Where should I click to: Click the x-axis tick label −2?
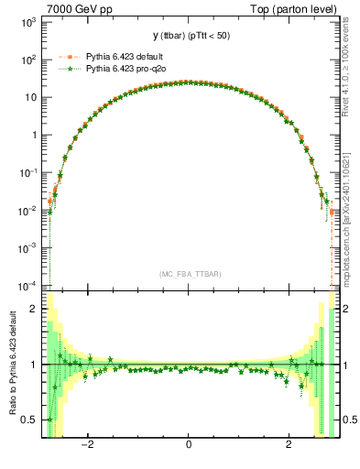click(x=87, y=446)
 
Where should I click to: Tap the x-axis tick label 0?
click(x=189, y=446)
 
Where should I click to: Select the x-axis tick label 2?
click(x=289, y=446)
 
